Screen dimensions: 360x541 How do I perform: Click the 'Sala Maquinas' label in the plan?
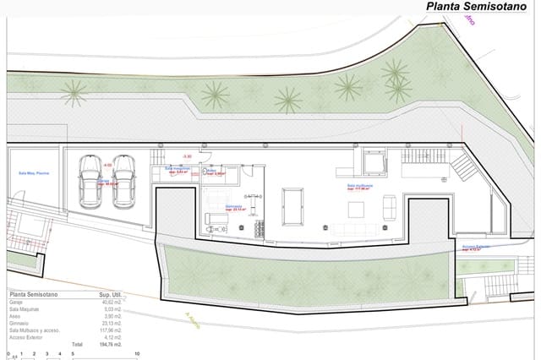pos(177,168)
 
